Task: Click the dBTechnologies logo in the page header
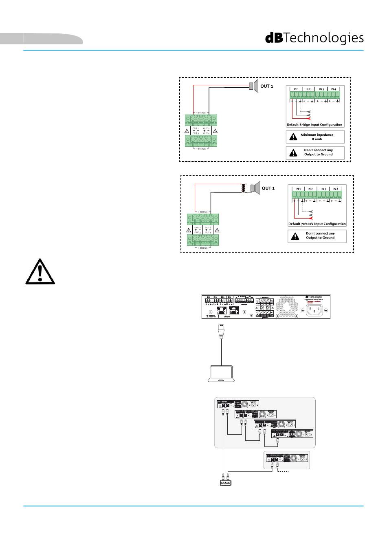(314, 38)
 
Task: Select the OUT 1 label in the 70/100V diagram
(268, 188)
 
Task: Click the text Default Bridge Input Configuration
(314, 125)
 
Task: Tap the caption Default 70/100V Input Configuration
(317, 224)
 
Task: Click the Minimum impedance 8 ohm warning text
(317, 137)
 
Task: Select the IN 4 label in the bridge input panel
(334, 89)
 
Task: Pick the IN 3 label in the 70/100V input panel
(323, 189)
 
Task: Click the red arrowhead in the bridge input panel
(312, 119)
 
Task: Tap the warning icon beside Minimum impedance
(293, 137)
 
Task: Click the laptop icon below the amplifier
(221, 374)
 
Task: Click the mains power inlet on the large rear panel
(314, 310)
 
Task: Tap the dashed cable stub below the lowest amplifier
(283, 471)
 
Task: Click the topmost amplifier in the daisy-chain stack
(237, 404)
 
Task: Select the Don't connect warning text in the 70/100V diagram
(320, 236)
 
